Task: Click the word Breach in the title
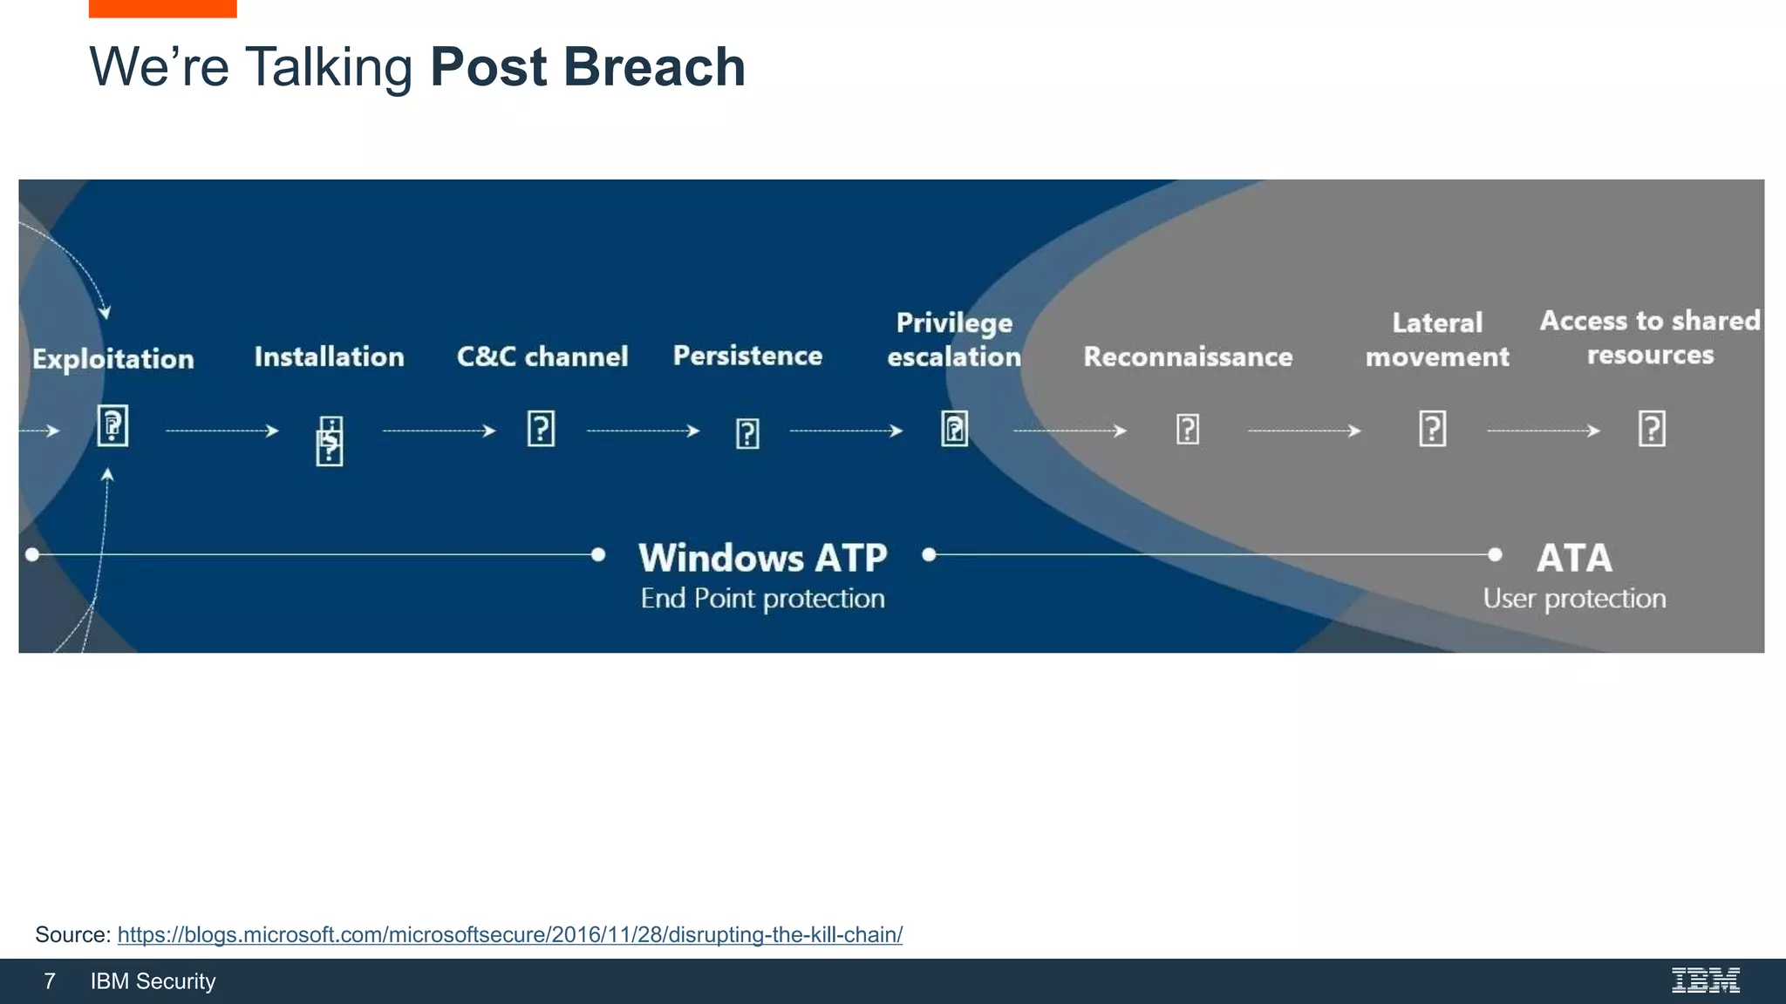654,67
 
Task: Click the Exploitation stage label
113,359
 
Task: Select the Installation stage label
329,356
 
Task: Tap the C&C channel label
542,356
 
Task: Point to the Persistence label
747,356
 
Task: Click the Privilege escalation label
954,339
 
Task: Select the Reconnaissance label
1188,356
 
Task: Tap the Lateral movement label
1436,339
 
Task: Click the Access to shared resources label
1650,337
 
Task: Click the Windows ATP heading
762,558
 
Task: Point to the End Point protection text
762,599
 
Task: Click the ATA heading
1574,558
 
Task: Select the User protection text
1574,599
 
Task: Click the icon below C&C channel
541,429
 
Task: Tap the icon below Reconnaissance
1188,429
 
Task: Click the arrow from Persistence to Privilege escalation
846,431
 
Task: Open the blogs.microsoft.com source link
509,934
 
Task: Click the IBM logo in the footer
1705,980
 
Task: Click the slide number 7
50,981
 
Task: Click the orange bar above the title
162,8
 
